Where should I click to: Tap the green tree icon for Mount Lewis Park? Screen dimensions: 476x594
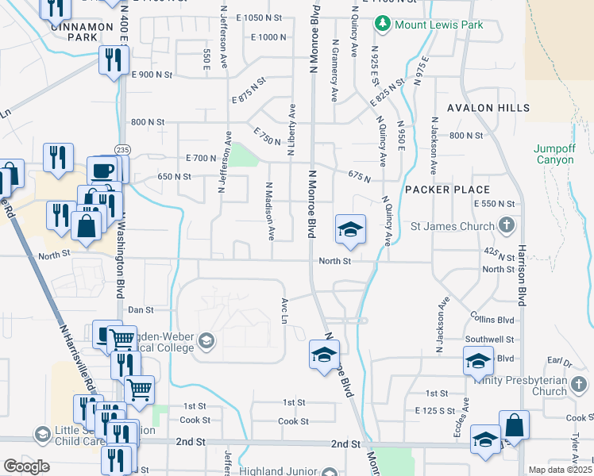tap(383, 25)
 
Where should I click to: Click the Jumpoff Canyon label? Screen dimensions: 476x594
tap(553, 154)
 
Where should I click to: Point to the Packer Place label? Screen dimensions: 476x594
tap(447, 190)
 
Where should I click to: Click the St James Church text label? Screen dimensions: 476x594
tap(452, 226)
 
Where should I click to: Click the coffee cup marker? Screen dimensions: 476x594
tap(102, 171)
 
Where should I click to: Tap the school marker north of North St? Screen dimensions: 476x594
tap(350, 230)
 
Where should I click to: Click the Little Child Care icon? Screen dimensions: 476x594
tap(42, 434)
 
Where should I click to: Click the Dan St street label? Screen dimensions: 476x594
tap(140, 310)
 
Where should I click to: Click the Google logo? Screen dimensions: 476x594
tap(26, 466)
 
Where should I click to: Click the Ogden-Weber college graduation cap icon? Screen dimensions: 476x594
tap(206, 342)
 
